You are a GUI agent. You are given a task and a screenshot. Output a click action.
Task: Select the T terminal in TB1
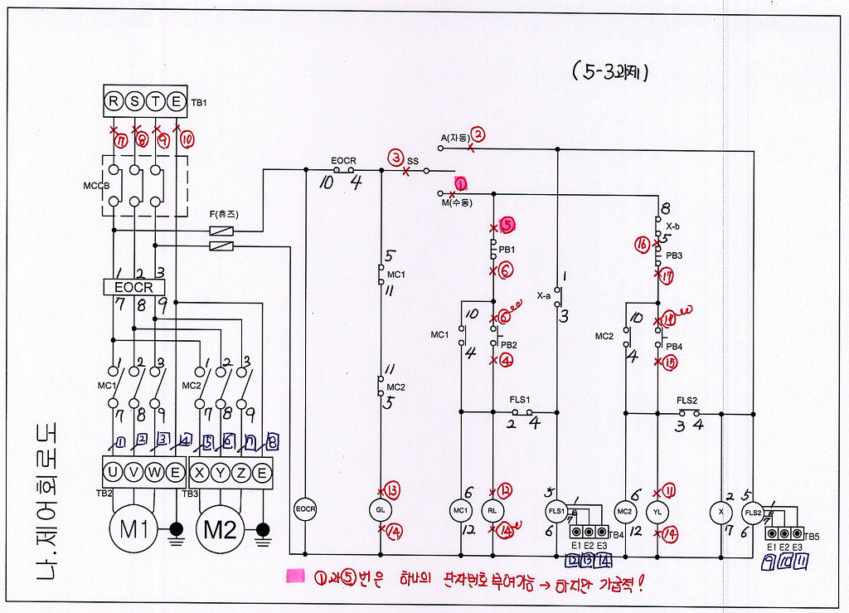[155, 102]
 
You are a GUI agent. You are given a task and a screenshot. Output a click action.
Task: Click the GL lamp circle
[381, 508]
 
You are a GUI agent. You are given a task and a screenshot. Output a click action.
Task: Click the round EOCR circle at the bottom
[305, 508]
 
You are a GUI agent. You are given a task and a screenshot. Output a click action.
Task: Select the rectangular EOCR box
[134, 287]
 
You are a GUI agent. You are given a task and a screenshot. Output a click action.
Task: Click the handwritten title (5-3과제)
[609, 71]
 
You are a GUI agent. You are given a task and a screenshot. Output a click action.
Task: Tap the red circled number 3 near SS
[397, 157]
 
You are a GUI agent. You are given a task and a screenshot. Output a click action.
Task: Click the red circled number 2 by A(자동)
[478, 134]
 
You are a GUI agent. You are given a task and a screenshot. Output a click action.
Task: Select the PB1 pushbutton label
[507, 249]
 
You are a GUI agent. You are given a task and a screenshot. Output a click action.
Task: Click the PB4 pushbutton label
[674, 345]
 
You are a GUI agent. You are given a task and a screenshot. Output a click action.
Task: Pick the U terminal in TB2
[114, 473]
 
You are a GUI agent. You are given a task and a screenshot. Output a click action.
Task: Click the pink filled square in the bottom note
[294, 574]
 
